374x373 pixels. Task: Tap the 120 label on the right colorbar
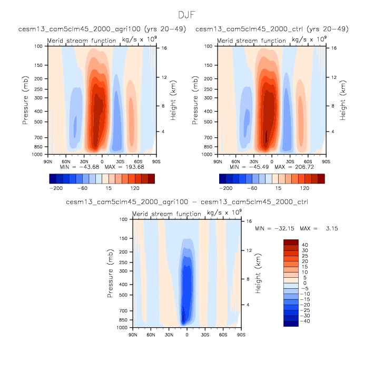pyautogui.click(x=304, y=187)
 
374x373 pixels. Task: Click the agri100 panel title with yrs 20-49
pyautogui.click(x=102, y=29)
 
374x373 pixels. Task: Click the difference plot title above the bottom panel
pyautogui.click(x=187, y=202)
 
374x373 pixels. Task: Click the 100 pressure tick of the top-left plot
pyautogui.click(x=39, y=46)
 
